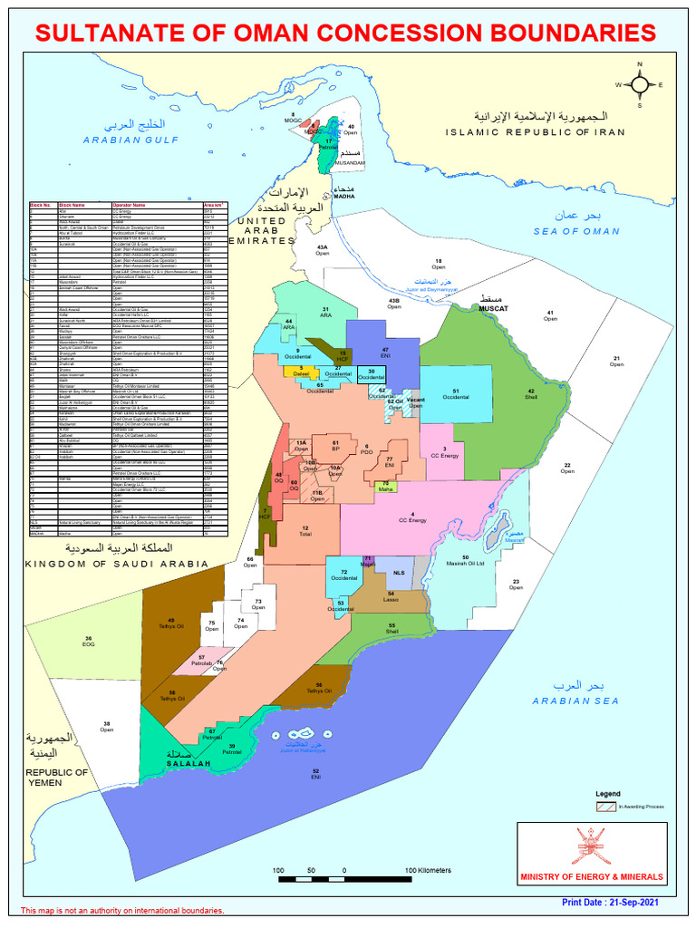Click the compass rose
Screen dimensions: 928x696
click(640, 84)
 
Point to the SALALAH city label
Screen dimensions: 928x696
click(188, 765)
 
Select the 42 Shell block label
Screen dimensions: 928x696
click(531, 393)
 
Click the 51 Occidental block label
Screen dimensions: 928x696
click(456, 393)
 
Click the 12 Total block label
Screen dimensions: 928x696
click(305, 531)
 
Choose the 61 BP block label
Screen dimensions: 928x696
click(335, 446)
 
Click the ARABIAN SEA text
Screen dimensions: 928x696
click(575, 701)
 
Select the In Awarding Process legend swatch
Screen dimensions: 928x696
click(605, 806)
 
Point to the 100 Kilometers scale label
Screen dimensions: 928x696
click(428, 871)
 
